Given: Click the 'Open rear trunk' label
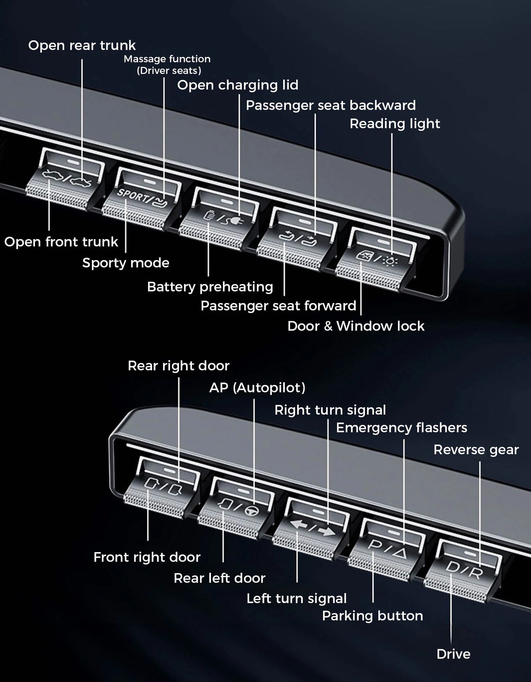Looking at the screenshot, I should [x=82, y=46].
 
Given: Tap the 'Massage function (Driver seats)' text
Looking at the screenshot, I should [x=168, y=64].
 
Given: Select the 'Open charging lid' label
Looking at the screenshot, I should [x=238, y=85].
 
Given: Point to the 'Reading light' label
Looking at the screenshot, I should [x=395, y=124].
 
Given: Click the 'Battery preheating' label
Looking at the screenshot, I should [x=210, y=287].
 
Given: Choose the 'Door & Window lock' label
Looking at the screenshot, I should [x=356, y=326].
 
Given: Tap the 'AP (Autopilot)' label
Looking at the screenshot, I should [x=257, y=388].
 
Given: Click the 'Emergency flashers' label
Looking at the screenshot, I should [x=401, y=428].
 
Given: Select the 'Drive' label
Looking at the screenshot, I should [x=453, y=654].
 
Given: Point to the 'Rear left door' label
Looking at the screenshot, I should [x=219, y=578].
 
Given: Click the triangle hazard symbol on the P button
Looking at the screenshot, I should [x=401, y=552].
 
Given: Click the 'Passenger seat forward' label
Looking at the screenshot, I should [x=278, y=306].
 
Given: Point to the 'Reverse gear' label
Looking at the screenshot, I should [x=476, y=450].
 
